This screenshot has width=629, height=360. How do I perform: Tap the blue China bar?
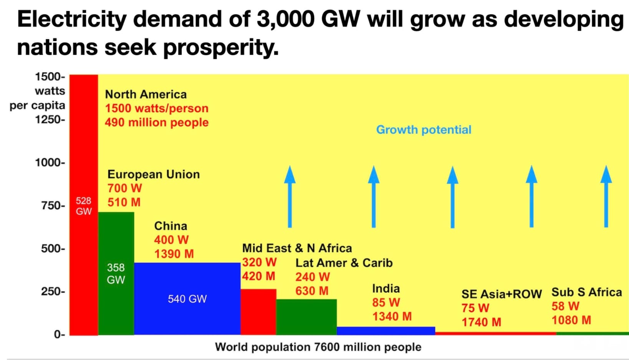[x=187, y=280]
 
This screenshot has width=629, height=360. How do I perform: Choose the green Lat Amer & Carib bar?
[x=306, y=317]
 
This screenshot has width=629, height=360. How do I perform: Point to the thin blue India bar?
[x=386, y=330]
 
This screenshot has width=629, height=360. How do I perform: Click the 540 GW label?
[x=187, y=299]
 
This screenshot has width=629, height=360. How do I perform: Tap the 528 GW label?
[x=84, y=206]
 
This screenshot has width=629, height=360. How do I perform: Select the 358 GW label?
[x=116, y=274]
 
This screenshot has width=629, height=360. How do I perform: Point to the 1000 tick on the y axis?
[x=50, y=163]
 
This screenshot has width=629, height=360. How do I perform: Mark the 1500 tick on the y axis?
[x=50, y=77]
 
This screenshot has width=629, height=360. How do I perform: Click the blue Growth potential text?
[x=424, y=130]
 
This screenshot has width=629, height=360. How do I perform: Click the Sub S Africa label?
[x=586, y=292]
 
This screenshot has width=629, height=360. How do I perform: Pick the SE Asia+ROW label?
[x=502, y=294]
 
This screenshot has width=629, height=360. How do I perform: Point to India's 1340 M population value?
[x=392, y=317]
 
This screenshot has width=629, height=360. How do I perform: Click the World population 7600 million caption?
[x=318, y=347]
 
